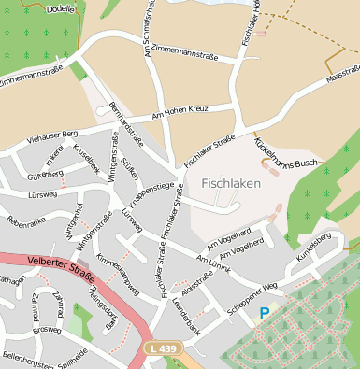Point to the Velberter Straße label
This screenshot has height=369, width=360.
pyautogui.click(x=58, y=264)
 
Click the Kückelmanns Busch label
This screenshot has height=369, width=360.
pyautogui.click(x=286, y=154)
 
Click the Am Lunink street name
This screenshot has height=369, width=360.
pyautogui.click(x=213, y=262)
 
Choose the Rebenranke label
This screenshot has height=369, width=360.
pyautogui.click(x=26, y=222)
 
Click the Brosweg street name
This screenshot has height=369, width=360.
pyautogui.click(x=45, y=329)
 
